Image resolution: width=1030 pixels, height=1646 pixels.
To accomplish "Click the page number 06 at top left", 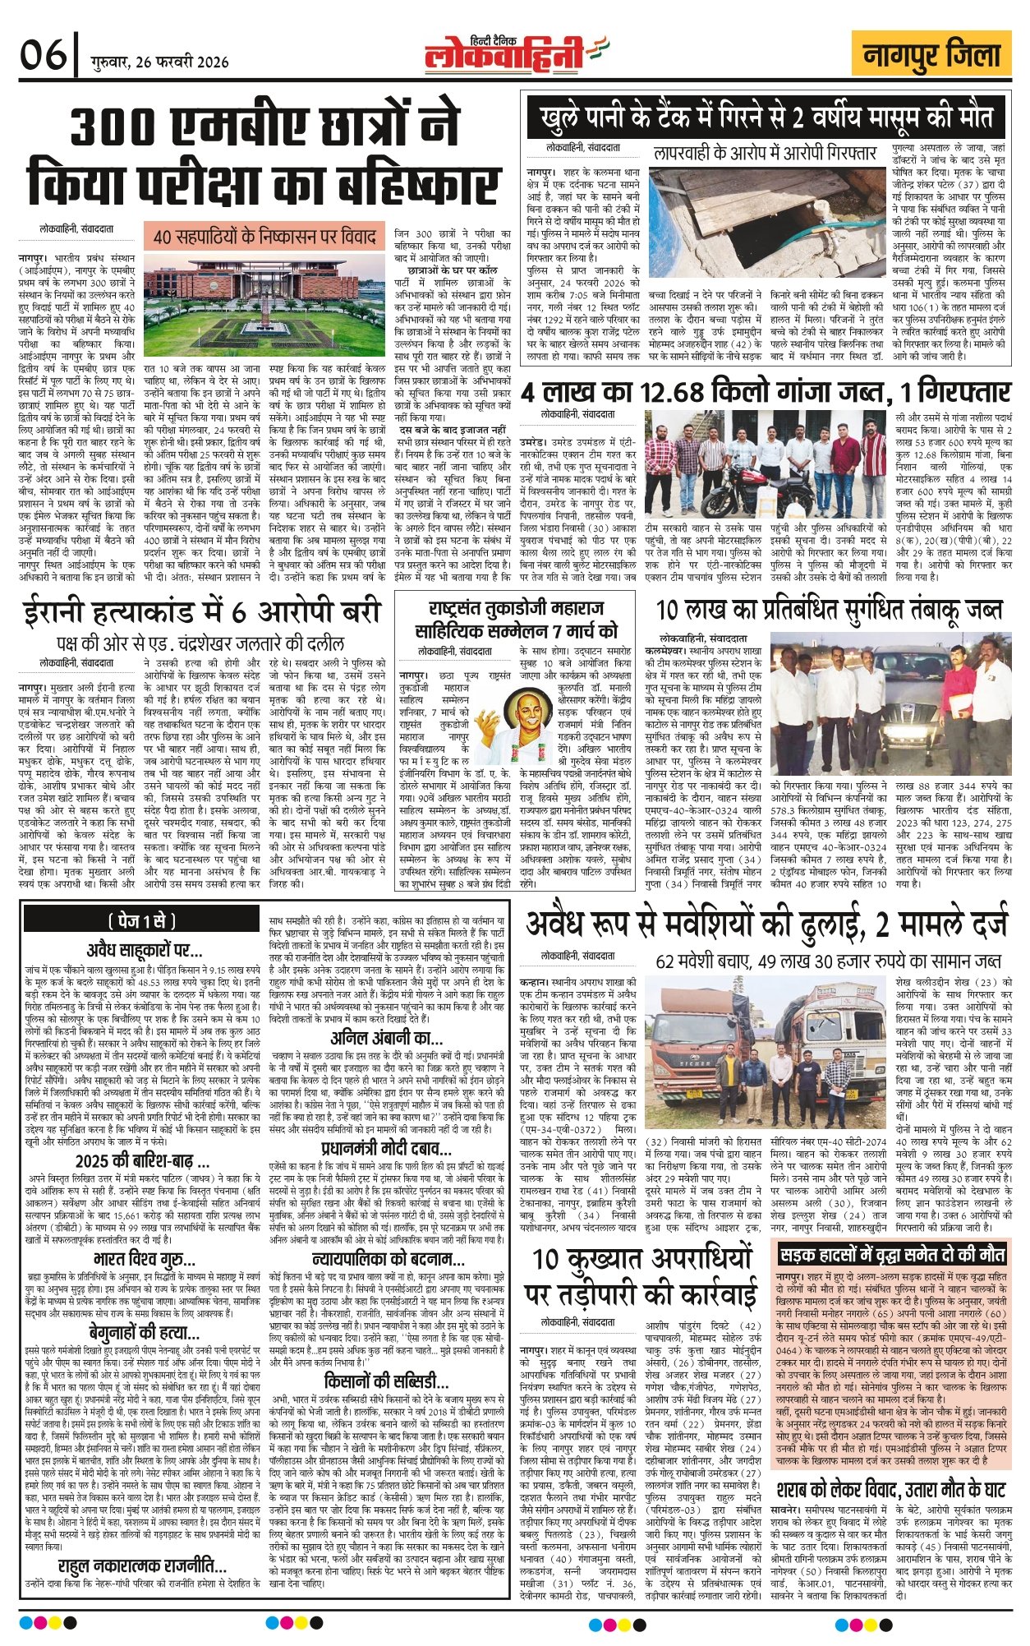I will tap(43, 56).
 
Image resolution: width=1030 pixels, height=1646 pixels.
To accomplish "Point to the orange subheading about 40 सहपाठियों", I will tap(264, 237).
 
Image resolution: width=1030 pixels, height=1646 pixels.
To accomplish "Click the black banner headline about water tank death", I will tap(767, 118).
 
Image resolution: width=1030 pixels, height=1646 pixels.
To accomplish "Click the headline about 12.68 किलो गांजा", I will tap(764, 390).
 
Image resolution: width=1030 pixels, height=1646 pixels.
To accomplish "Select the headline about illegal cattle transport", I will tap(766, 924).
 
